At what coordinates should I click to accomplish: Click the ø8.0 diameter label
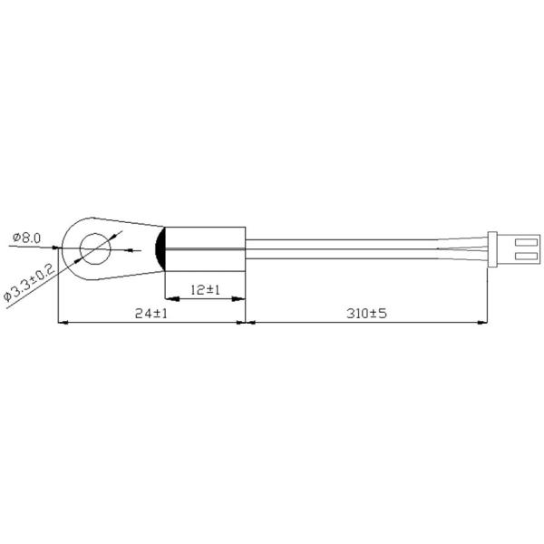26,238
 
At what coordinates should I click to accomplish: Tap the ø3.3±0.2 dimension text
29,284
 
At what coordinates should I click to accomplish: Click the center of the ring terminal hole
94,247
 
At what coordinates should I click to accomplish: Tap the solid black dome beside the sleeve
160,247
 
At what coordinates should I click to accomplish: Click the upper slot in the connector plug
519,240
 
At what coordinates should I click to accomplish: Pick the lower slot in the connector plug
519,256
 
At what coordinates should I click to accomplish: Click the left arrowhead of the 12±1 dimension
168,298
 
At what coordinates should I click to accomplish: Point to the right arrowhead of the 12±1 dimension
242,298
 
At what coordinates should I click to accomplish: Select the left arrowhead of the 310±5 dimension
251,322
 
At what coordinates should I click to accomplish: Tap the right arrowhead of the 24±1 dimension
242,322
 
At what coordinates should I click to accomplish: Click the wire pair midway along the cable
363,247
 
